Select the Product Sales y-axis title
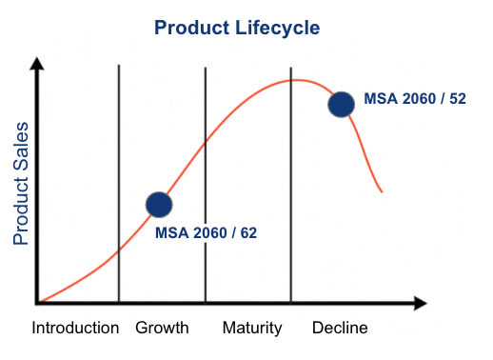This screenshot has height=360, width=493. click(21, 182)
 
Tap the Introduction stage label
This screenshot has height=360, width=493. click(75, 329)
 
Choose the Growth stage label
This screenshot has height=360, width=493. click(162, 329)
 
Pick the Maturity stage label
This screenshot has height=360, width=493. click(252, 329)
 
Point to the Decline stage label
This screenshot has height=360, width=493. click(340, 329)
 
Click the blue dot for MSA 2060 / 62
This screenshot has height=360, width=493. click(159, 204)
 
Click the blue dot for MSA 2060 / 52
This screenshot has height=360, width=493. click(341, 104)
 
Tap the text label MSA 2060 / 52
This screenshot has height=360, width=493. click(415, 99)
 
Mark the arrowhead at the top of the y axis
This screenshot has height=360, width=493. click(38, 65)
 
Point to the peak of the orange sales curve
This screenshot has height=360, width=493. click(298, 80)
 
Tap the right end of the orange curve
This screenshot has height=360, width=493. click(382, 191)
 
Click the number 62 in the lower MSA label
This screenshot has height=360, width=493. click(248, 231)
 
